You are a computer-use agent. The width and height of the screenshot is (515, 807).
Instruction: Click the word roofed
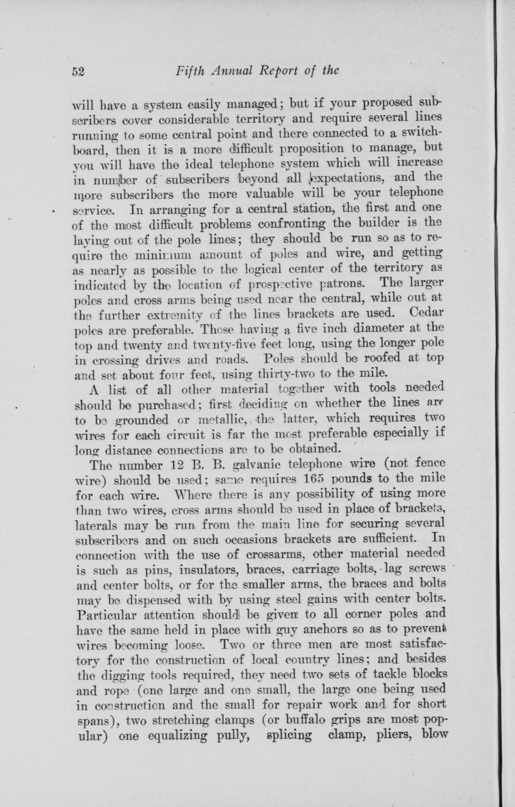pos(379,357)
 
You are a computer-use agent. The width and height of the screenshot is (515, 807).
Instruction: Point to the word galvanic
pos(254,464)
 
